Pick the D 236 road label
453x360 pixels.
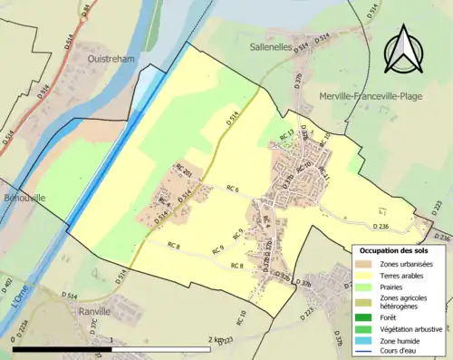coord(381,226)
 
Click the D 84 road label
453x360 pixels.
coord(86,12)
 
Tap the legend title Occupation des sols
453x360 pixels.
coord(394,249)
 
